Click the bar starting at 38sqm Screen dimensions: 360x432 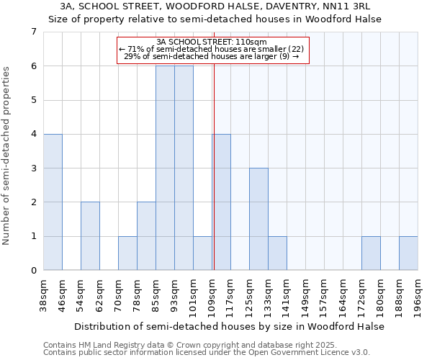53,202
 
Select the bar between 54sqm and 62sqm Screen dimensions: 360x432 90,236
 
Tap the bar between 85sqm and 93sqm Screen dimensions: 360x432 165,168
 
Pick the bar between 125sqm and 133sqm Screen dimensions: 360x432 258,219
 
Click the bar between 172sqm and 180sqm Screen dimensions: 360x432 371,253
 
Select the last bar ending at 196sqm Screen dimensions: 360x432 408,253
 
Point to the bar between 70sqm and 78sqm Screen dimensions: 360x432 127,253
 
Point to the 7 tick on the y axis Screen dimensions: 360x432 33,32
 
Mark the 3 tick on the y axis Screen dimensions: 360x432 33,168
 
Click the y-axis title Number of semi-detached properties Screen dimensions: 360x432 8,156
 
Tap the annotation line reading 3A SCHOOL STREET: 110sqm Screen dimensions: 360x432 212,42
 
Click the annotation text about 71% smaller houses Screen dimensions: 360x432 212,49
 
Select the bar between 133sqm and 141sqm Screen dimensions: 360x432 277,253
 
